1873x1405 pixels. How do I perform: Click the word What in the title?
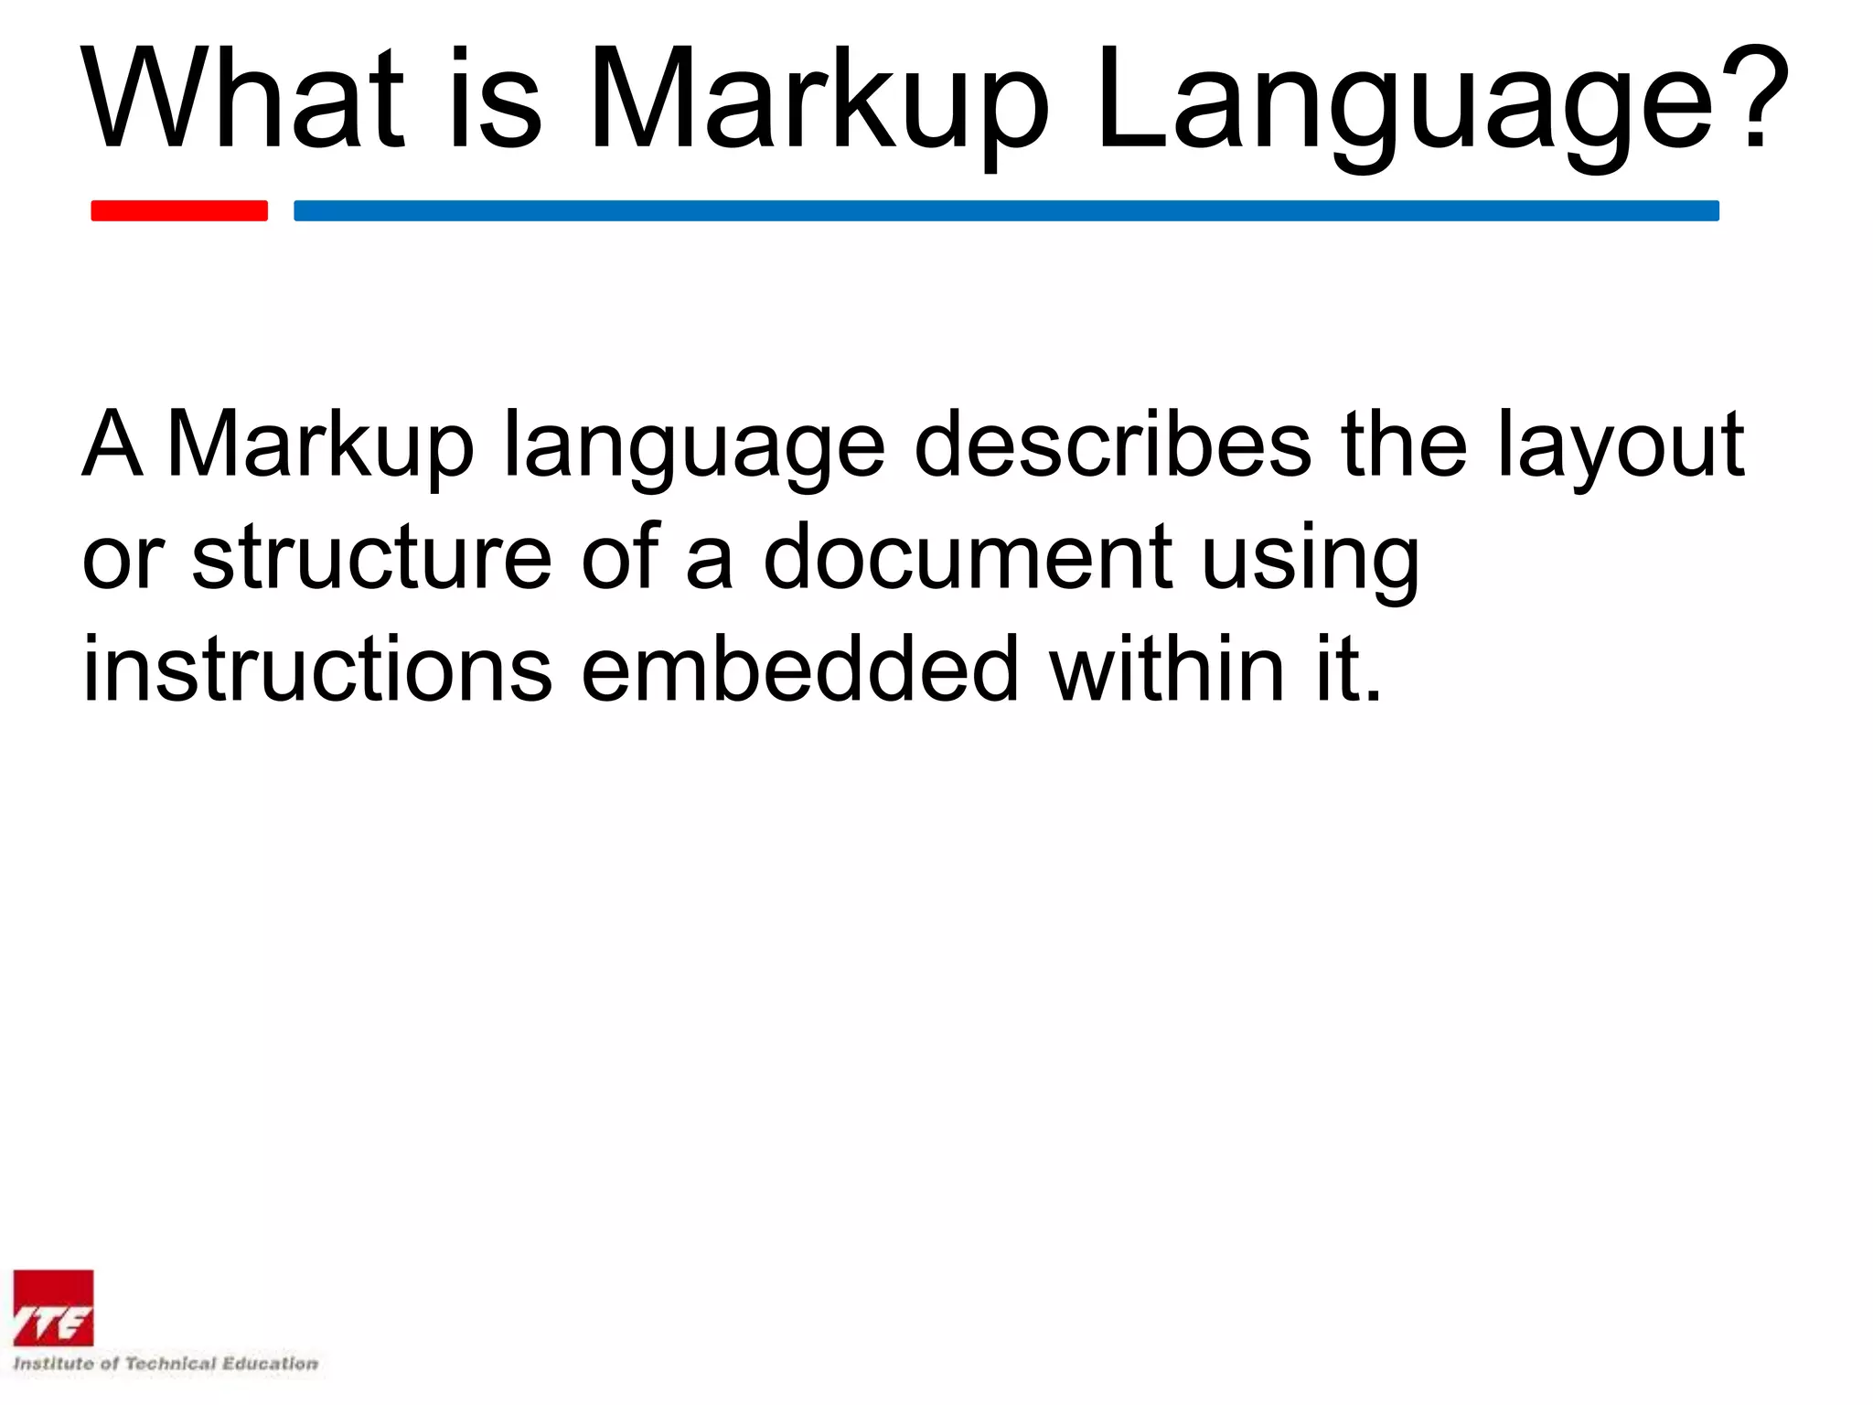(x=243, y=99)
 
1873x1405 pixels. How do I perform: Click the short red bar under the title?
(x=179, y=210)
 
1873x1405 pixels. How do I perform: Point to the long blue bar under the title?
(x=1006, y=210)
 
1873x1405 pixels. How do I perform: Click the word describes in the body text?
(x=1112, y=445)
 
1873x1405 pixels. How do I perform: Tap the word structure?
(x=371, y=557)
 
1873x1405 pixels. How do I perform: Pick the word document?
(x=969, y=557)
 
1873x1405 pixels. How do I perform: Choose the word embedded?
(x=799, y=670)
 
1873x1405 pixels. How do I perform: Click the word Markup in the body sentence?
(x=321, y=446)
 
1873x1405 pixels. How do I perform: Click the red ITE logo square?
(x=53, y=1308)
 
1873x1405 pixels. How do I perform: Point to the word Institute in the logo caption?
(x=53, y=1364)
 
